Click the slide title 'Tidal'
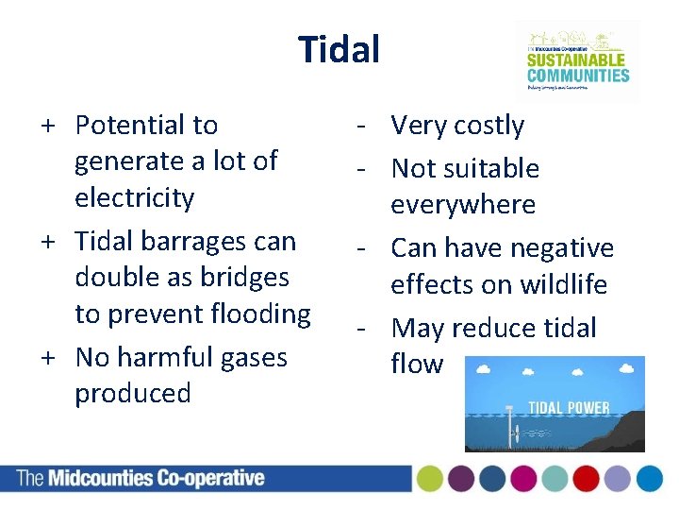(x=339, y=49)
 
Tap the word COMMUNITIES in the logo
(x=577, y=76)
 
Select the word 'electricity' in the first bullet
(x=134, y=197)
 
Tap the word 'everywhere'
(x=463, y=204)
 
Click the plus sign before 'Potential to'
(x=46, y=126)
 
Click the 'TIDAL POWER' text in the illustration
(x=568, y=408)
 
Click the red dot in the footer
(x=586, y=479)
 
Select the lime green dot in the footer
(x=430, y=479)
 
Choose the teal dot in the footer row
(x=555, y=479)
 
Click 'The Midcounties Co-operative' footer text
(x=141, y=478)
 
